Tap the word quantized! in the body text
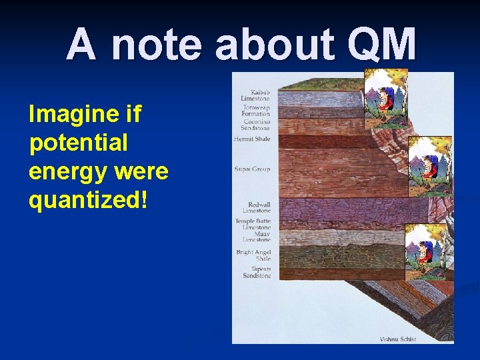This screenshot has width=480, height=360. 85,200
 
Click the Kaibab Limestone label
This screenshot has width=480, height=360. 255,95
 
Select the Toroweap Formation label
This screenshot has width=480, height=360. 256,111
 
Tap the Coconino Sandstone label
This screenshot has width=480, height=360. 256,125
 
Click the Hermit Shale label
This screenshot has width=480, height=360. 252,139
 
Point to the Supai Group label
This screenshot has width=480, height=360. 252,169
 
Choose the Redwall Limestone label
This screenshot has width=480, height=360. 257,207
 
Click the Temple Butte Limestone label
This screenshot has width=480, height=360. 253,224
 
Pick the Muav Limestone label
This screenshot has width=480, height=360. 257,237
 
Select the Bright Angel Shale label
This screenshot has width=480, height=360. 254,255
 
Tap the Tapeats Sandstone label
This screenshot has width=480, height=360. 257,272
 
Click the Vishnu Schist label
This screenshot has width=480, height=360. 398,339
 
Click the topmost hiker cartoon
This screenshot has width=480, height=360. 385,99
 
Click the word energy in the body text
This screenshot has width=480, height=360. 65,172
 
